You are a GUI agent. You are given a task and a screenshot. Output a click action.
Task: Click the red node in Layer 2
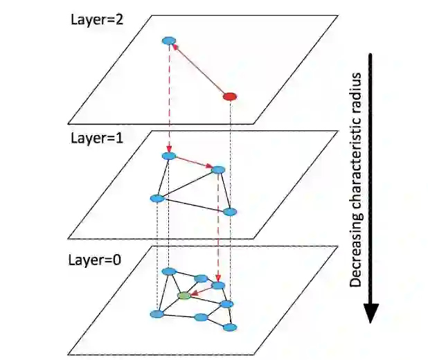point(230,96)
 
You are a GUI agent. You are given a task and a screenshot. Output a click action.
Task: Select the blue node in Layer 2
point(168,42)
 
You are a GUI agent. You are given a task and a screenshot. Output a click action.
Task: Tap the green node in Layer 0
point(184,296)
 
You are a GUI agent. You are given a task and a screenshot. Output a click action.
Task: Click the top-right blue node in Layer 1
point(218,170)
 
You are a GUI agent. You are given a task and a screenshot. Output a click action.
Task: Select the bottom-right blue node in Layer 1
point(230,212)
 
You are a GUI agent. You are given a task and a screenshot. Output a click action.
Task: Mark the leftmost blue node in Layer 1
point(157,199)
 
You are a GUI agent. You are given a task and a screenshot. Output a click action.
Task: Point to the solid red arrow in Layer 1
point(193,163)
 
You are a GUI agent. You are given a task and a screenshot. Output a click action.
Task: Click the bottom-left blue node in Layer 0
point(157,314)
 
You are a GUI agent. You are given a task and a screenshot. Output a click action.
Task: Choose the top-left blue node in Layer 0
point(168,271)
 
